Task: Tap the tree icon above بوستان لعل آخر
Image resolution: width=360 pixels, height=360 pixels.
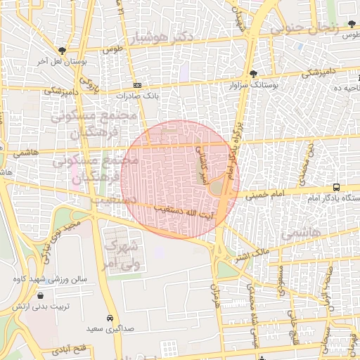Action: point(63,51)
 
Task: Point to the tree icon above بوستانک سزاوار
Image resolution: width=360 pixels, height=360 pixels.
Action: point(254,74)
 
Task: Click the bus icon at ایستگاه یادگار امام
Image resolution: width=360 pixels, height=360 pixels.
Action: point(337,188)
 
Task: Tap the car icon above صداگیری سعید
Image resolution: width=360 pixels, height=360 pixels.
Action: point(110,317)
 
